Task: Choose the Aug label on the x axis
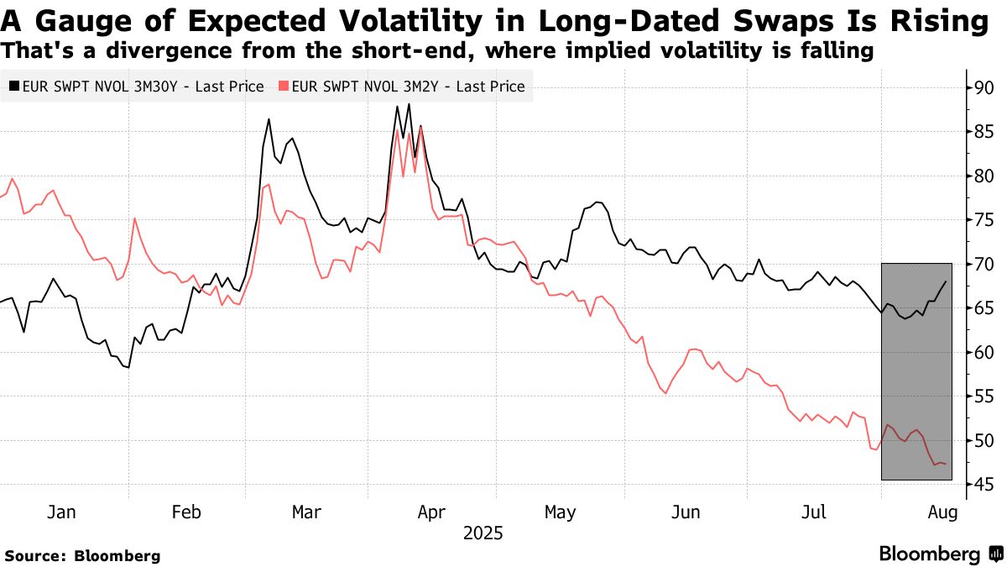939,512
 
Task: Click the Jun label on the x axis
686,512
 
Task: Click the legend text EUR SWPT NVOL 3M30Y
142,87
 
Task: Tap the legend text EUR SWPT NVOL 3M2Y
408,87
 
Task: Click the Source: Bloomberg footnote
82,555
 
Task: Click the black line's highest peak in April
409,104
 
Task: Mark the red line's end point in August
947,464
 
